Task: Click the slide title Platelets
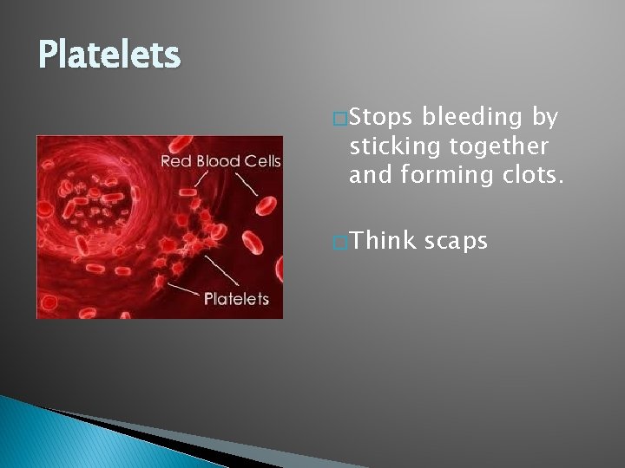point(109,55)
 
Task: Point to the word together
point(504,146)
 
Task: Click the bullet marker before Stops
point(339,117)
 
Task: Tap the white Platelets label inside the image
point(236,299)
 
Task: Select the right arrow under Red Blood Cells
point(246,181)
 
